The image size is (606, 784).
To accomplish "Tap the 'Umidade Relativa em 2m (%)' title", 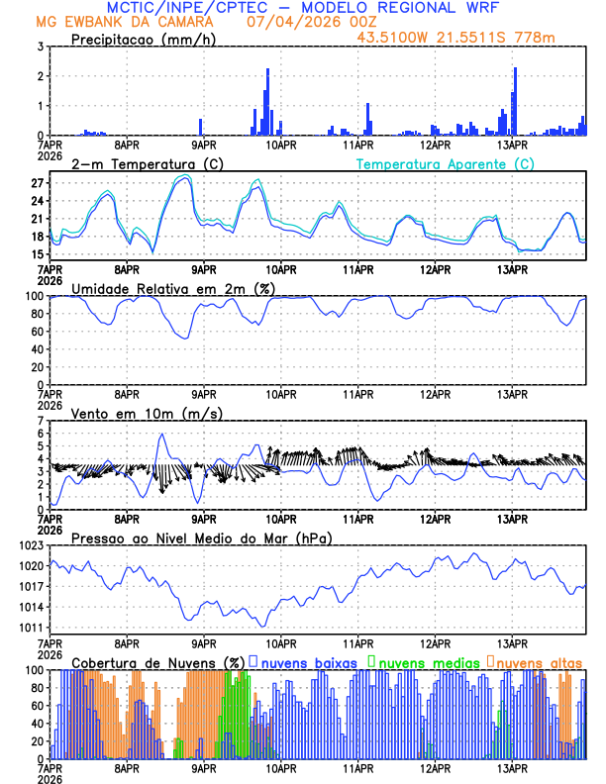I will [173, 288].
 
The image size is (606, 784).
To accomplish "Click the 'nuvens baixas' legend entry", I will [306, 661].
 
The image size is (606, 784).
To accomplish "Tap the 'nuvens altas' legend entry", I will [539, 661].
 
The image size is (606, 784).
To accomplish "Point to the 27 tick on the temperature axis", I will [37, 184].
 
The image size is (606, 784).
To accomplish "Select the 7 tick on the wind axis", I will [41, 422].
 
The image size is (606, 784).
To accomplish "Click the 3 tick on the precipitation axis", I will [41, 48].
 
